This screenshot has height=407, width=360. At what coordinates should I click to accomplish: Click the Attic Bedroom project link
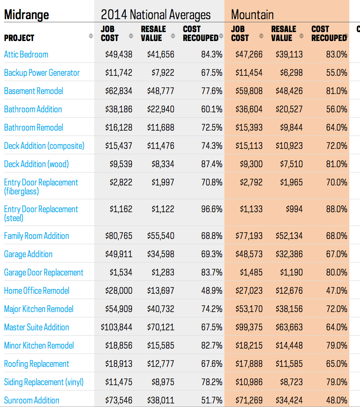pyautogui.click(x=26, y=54)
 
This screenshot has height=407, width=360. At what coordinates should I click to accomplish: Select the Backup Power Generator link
pyautogui.click(x=42, y=73)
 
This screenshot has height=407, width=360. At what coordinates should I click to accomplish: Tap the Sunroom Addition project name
pyautogui.click(x=32, y=400)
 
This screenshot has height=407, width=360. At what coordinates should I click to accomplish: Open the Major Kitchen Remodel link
pyautogui.click(x=39, y=309)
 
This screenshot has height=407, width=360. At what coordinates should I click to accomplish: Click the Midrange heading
pyautogui.click(x=26, y=15)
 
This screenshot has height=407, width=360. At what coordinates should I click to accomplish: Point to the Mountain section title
pyautogui.click(x=252, y=15)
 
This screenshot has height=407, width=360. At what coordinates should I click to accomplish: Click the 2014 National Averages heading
pyautogui.click(x=156, y=15)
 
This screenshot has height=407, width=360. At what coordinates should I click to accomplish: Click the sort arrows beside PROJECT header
pyautogui.click(x=91, y=36)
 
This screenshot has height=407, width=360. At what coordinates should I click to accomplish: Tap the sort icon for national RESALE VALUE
pyautogui.click(x=173, y=36)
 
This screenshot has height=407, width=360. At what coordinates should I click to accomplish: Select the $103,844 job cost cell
pyautogui.click(x=116, y=327)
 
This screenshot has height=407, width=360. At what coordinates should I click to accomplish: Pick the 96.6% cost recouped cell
pyautogui.click(x=212, y=209)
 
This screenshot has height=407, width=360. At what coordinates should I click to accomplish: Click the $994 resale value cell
pyautogui.click(x=294, y=209)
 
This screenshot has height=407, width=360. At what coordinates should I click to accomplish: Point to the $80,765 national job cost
pyautogui.click(x=119, y=236)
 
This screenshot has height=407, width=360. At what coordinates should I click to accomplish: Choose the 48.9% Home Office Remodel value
pyautogui.click(x=212, y=291)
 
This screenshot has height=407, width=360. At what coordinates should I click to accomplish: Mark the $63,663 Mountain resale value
pyautogui.click(x=290, y=327)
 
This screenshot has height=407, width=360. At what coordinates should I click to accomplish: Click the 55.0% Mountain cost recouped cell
pyautogui.click(x=337, y=73)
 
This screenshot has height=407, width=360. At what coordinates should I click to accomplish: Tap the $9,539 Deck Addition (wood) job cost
pyautogui.click(x=121, y=164)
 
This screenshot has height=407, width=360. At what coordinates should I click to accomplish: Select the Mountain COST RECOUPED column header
pyautogui.click(x=329, y=33)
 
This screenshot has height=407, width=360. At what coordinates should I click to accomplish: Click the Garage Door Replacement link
pyautogui.click(x=44, y=272)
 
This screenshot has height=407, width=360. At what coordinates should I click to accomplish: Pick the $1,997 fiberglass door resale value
pyautogui.click(x=163, y=182)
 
